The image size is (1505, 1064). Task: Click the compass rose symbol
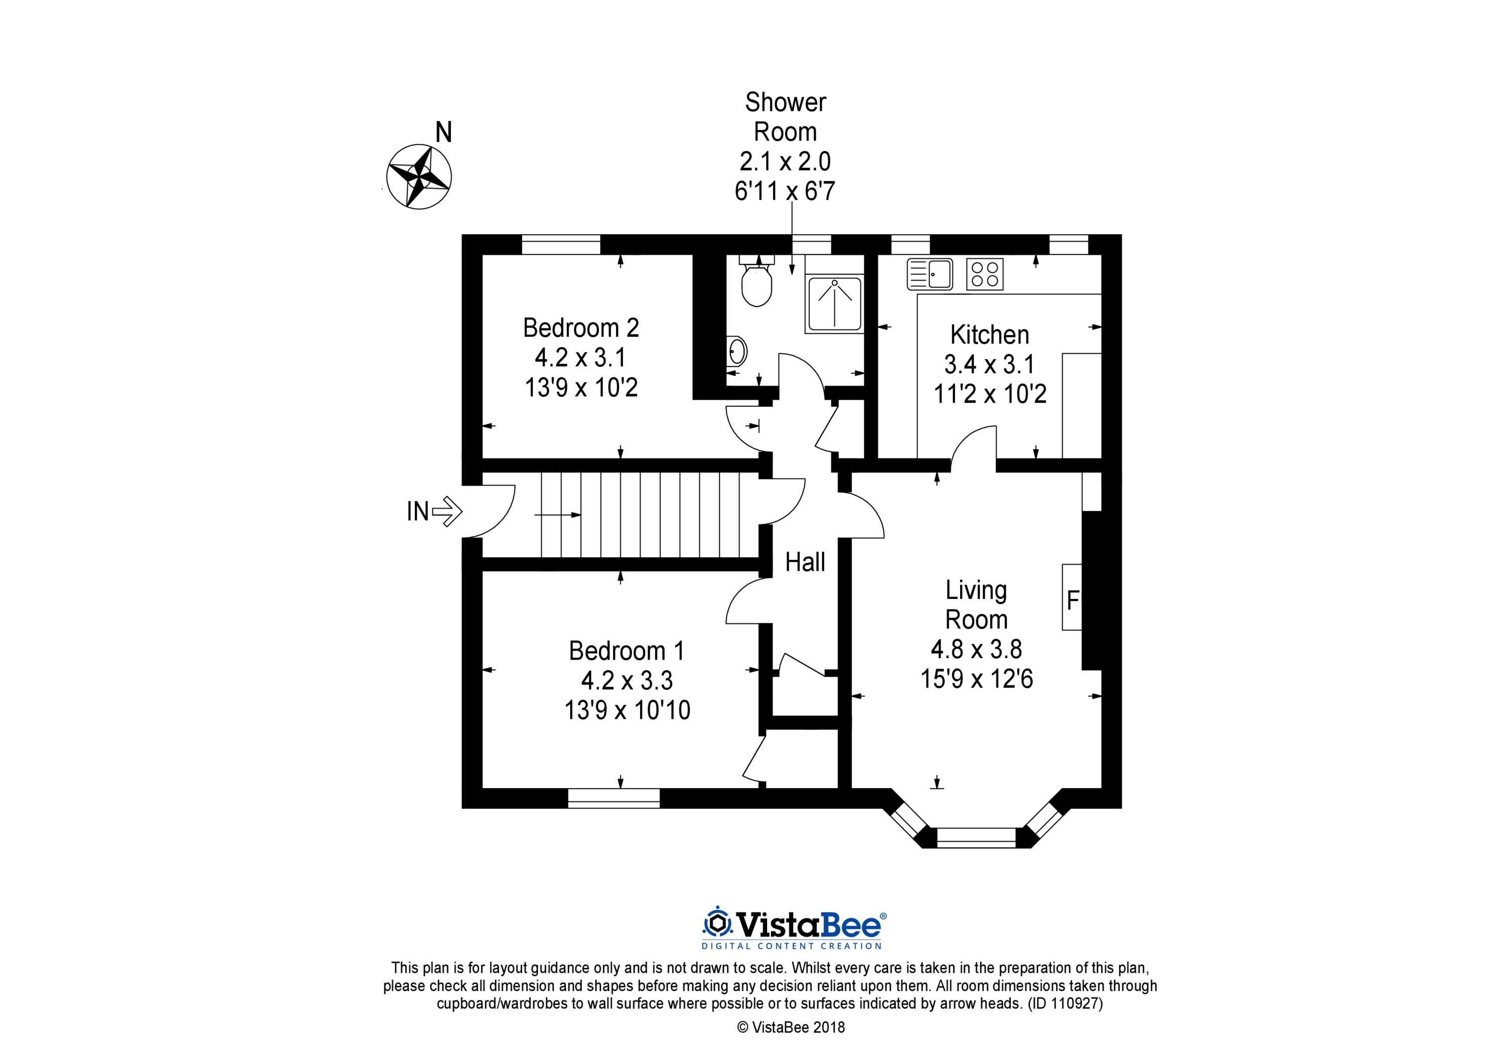pos(419,177)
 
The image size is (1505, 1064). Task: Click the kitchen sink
pos(930,274)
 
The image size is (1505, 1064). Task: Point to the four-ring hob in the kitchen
pos(985,274)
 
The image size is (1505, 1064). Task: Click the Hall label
pos(805,562)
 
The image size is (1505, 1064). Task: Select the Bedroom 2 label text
pos(581,327)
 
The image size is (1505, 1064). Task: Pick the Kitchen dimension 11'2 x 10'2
pos(990,394)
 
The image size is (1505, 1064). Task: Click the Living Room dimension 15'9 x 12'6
pos(977,679)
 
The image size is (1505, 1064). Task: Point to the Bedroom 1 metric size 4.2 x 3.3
pos(627,680)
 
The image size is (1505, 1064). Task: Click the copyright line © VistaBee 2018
pos(791,1027)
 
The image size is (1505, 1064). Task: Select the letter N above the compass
pos(444,132)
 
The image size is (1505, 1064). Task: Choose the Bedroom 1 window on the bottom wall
pos(614,798)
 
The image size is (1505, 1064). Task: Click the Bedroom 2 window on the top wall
pos(561,244)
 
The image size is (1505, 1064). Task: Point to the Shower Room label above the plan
pos(785,117)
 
